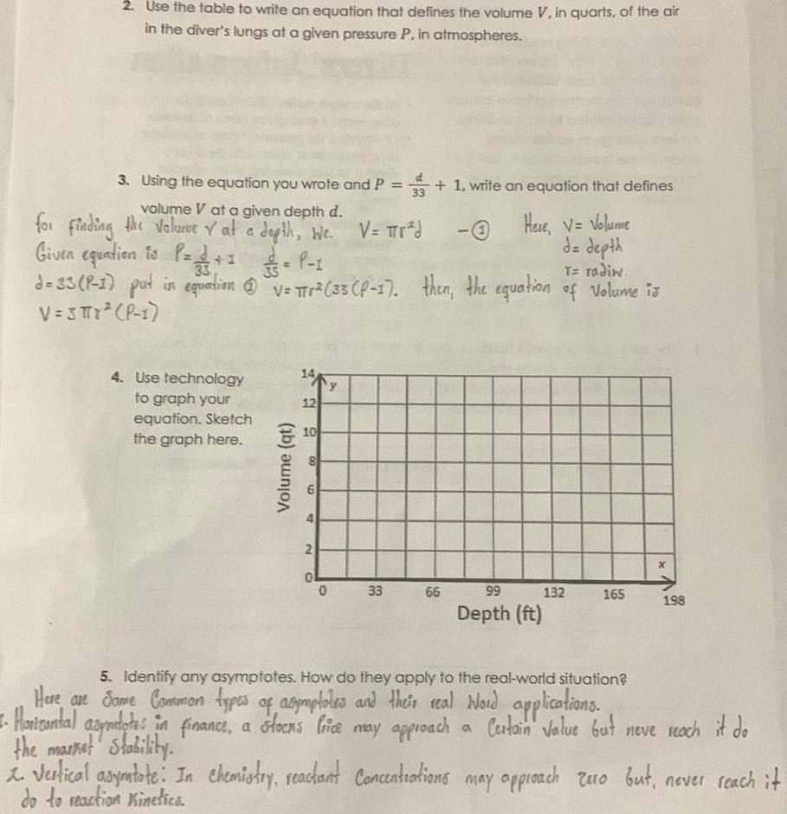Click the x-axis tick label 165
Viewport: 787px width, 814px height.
[612, 593]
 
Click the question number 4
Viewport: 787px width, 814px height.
[116, 378]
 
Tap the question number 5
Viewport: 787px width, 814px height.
[105, 676]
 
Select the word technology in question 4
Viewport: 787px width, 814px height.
[204, 378]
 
